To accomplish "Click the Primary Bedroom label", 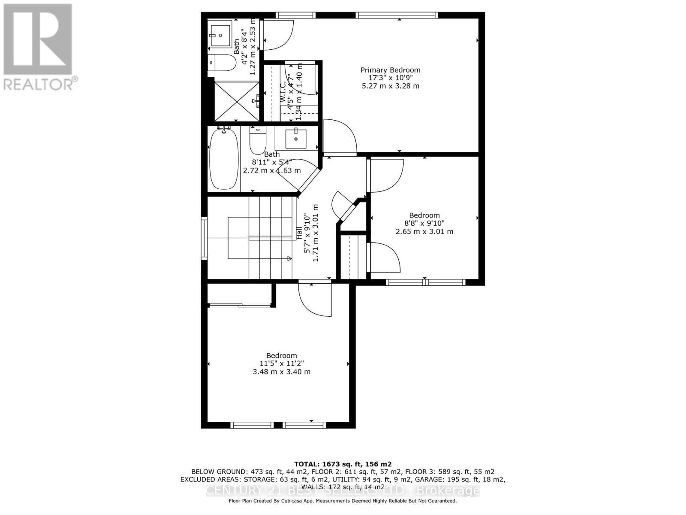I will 390,70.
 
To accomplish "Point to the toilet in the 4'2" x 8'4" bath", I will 222,64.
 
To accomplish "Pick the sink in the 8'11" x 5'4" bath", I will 296,138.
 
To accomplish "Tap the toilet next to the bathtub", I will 258,141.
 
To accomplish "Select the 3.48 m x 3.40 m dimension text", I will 282,372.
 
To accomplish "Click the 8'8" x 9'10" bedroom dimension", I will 424,223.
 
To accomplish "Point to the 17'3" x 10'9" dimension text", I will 390,78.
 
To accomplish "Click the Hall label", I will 298,233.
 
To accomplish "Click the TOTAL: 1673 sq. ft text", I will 343,464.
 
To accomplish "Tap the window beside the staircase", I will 205,239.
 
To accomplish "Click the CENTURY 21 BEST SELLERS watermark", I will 343,490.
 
